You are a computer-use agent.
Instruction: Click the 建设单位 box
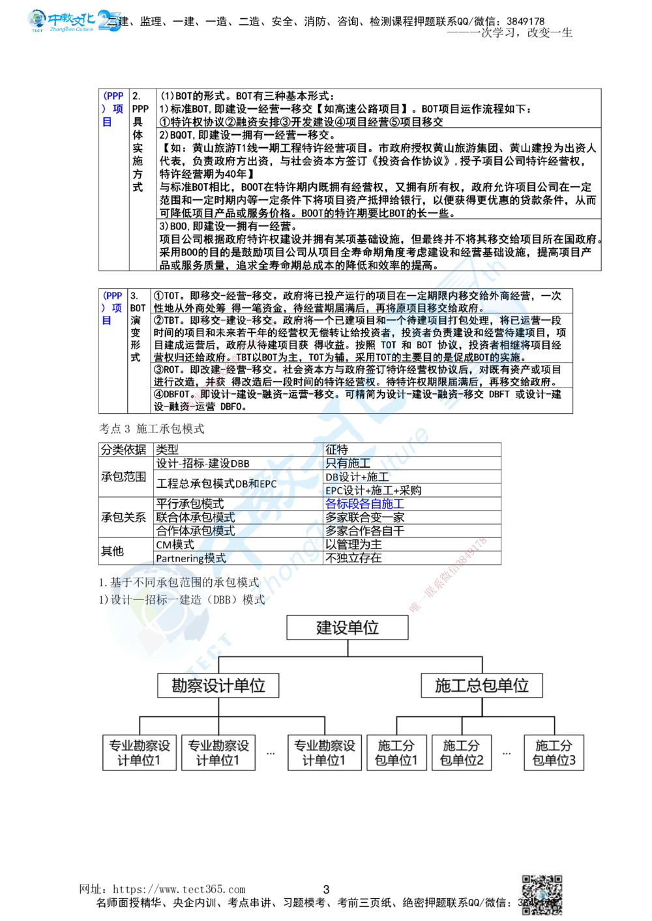[348, 628]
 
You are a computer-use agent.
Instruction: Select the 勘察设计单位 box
[218, 685]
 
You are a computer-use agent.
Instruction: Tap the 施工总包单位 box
[482, 685]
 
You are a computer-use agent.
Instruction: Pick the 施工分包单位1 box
[396, 752]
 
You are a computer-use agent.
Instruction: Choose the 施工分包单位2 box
[462, 752]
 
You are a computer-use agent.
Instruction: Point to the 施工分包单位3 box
[554, 752]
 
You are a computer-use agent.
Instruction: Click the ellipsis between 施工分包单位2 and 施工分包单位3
[507, 754]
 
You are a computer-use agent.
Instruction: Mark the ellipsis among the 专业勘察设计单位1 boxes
[271, 754]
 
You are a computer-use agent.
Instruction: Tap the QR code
[542, 894]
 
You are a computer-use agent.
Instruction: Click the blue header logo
[75, 21]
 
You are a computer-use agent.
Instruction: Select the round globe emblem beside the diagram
[159, 609]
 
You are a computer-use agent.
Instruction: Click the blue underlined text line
[365, 503]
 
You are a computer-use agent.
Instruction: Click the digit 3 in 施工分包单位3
[572, 760]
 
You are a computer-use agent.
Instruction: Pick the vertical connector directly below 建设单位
[348, 648]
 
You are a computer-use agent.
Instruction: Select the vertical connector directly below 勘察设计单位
[218, 707]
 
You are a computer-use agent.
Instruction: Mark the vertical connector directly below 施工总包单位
[482, 707]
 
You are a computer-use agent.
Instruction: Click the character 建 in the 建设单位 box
[324, 628]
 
